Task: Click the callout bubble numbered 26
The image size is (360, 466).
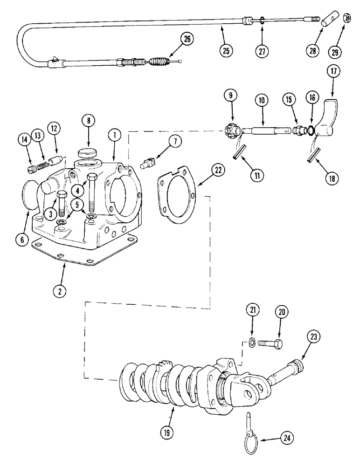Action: (x=187, y=40)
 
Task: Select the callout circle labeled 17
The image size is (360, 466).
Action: (x=334, y=72)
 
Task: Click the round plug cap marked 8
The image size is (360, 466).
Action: (x=87, y=153)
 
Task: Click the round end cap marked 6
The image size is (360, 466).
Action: (x=32, y=193)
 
